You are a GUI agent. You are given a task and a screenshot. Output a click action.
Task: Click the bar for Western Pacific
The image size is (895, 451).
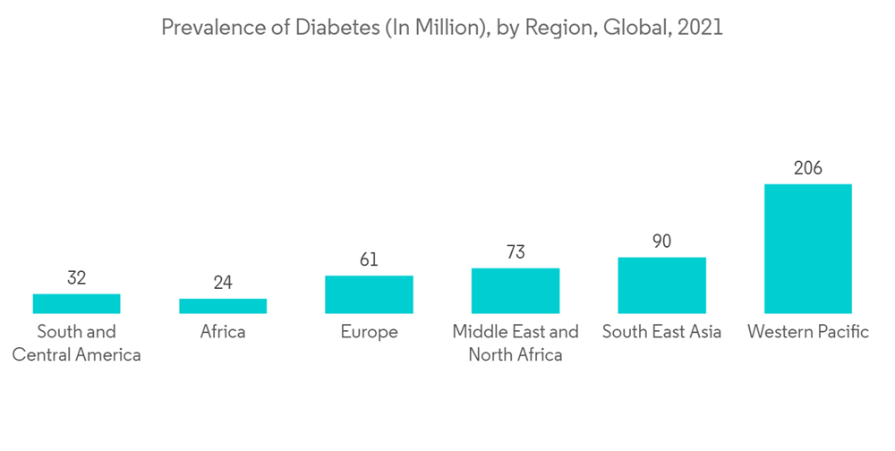[x=808, y=249]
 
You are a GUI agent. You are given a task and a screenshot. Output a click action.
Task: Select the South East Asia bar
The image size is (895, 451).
[x=662, y=285]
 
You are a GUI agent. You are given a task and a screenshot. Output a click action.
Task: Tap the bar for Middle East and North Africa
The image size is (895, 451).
[x=516, y=291]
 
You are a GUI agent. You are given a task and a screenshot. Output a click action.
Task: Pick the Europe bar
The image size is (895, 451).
[x=369, y=294]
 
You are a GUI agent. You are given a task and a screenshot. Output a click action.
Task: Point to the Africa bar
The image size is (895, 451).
[x=223, y=306]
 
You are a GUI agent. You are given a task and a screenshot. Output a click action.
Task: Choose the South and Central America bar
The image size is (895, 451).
[x=76, y=303]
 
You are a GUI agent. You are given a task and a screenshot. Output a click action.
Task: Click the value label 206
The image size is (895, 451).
[x=808, y=168]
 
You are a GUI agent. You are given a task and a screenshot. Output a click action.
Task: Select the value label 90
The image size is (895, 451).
[x=662, y=242]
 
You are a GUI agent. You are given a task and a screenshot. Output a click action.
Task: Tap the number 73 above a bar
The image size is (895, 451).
[x=516, y=252]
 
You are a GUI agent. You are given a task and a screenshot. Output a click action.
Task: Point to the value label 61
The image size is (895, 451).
[x=369, y=260]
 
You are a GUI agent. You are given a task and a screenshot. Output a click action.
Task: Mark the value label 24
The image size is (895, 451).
[x=223, y=283]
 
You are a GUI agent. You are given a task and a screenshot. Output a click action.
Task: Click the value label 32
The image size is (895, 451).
[x=76, y=278]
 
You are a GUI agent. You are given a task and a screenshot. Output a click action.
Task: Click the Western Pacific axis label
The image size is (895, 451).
[x=808, y=332]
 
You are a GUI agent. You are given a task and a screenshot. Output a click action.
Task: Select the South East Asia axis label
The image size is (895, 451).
[x=662, y=332]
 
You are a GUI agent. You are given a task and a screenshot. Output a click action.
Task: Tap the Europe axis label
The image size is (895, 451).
[x=369, y=332]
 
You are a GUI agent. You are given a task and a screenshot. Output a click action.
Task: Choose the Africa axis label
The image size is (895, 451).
[x=223, y=332]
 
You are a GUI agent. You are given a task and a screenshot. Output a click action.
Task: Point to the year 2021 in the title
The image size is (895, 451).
[x=702, y=28]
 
